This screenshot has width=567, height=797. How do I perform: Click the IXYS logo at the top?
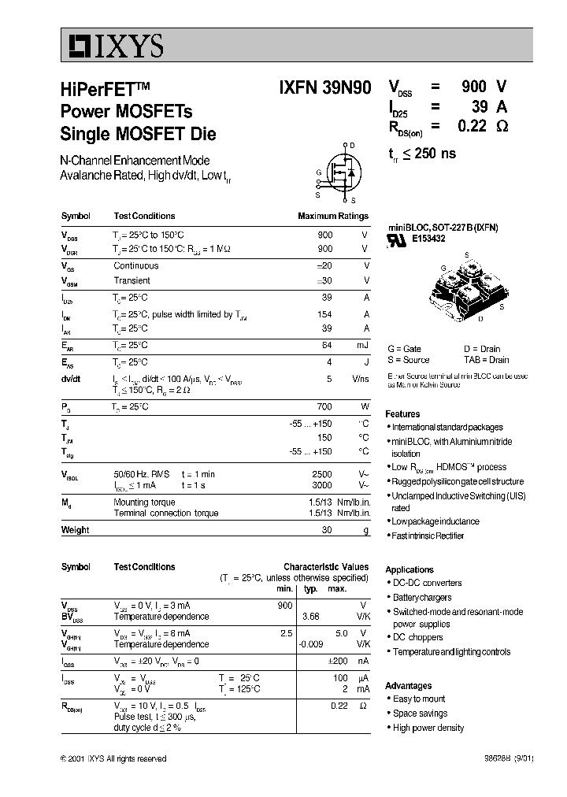coord(113,47)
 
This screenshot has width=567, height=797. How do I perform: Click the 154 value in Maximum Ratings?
coord(324,313)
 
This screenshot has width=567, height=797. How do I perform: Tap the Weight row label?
coord(75,530)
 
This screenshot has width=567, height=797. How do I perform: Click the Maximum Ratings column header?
coord(332,216)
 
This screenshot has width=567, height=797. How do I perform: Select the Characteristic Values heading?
coord(325,566)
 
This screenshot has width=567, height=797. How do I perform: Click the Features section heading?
coord(402,413)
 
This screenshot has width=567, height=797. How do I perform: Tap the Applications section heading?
coord(409,569)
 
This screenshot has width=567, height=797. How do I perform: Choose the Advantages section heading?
coord(408,685)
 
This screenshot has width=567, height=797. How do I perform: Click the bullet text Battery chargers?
coord(422,598)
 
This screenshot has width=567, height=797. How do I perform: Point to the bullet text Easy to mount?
coord(419,699)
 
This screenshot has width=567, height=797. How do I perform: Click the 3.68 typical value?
coord(311,616)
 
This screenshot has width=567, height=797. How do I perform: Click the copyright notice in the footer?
coord(113,758)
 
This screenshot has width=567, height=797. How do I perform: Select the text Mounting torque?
coord(144,502)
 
